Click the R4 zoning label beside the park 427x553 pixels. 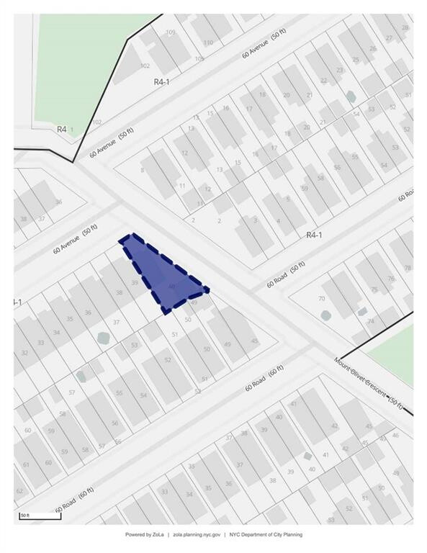pos(62,129)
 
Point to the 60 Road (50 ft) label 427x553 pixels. pos(286,274)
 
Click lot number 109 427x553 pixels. pos(171,32)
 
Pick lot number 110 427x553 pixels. pos(208,42)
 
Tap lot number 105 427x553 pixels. pos(199,58)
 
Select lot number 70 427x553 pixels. pos(322,298)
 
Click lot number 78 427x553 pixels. pos(408,268)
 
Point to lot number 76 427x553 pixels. pos(391,278)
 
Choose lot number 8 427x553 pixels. pos(143,170)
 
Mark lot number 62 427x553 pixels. pos(19,491)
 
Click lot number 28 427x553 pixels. pos(405,28)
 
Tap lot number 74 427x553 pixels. pos(371,321)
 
